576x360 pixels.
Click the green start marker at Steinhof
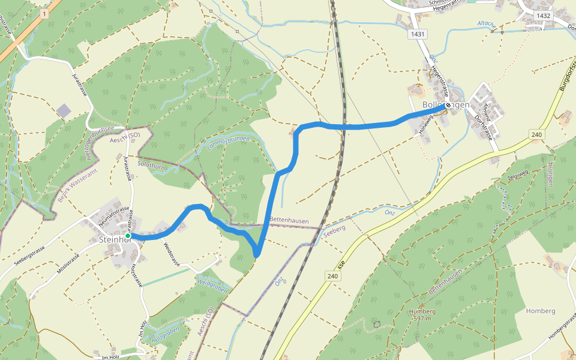pyautogui.click(x=128, y=236)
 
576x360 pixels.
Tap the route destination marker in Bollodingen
pyautogui.click(x=448, y=106)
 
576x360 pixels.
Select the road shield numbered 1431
pyautogui.click(x=418, y=34)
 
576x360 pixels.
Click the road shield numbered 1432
pyautogui.click(x=544, y=16)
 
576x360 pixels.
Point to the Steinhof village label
pyautogui.click(x=114, y=240)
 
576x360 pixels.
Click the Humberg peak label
pyautogui.click(x=422, y=311)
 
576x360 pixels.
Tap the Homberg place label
pyautogui.click(x=540, y=311)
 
